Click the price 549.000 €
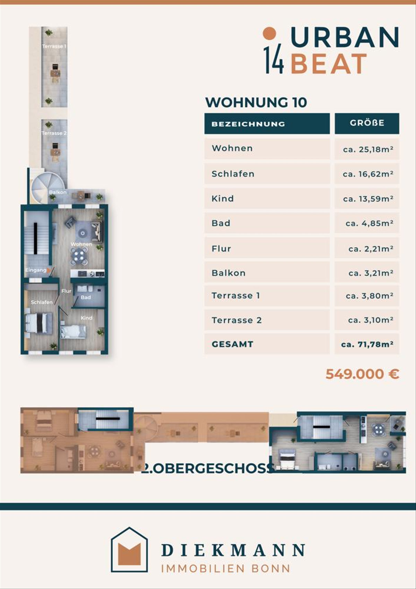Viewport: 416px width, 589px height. pos(362,374)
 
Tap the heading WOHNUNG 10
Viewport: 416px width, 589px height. pos(256,102)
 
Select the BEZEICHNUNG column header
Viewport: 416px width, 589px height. pos(248,124)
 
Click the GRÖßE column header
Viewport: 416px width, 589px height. pos(367,123)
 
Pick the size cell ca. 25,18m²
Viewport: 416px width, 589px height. pos(368,149)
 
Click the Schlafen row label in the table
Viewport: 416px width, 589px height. pos(233,174)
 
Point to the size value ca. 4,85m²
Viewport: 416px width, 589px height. pos(370,223)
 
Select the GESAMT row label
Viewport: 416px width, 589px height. pos(232,344)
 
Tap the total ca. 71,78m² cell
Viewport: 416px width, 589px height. pos(367,344)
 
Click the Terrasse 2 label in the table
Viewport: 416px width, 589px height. pos(236,320)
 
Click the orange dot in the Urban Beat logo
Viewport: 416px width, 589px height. pos(269,33)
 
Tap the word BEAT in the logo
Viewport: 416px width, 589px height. pos(329,63)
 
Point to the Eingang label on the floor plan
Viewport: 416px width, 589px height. pos(36,270)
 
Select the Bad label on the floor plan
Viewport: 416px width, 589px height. pos(86,297)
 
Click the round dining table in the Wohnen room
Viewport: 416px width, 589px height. pos(79,256)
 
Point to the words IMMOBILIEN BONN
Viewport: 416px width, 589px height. pos(225,569)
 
